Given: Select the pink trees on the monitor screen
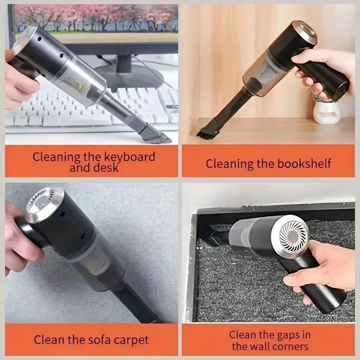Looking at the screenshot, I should pyautogui.click(x=90, y=18).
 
